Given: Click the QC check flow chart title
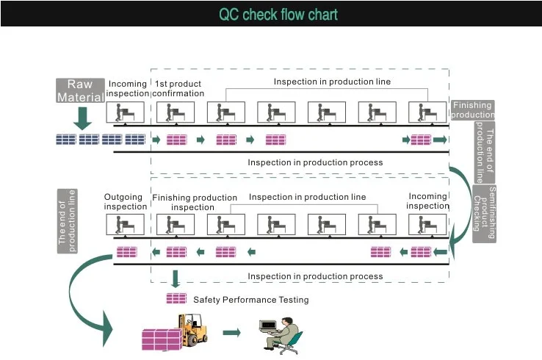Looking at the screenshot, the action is click(x=278, y=14).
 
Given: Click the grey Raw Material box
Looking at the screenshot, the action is click(x=80, y=90).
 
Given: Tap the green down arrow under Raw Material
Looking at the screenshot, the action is click(x=82, y=118).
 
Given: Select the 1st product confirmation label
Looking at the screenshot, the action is click(x=178, y=88).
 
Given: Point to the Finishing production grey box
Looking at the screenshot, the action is click(x=472, y=109).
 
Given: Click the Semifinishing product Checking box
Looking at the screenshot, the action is click(x=484, y=214).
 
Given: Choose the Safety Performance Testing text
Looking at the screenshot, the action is click(x=251, y=300).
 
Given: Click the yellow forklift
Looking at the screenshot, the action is click(x=193, y=330).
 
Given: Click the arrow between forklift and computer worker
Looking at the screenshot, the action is click(x=231, y=333).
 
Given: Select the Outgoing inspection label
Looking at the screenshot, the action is click(x=125, y=201).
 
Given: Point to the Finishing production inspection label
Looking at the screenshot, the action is click(x=195, y=202).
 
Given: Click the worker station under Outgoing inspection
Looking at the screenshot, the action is click(x=125, y=224).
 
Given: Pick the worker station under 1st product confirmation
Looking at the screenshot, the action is click(x=176, y=112).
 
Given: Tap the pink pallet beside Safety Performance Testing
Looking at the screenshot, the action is click(x=176, y=298).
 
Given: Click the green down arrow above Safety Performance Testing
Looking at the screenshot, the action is click(x=176, y=278).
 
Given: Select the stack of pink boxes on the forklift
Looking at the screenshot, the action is click(x=162, y=339).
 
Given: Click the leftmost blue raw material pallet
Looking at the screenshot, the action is click(x=66, y=140).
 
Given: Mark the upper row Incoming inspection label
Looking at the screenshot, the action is click(x=128, y=88).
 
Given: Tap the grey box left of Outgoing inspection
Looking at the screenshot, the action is click(x=67, y=221).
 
